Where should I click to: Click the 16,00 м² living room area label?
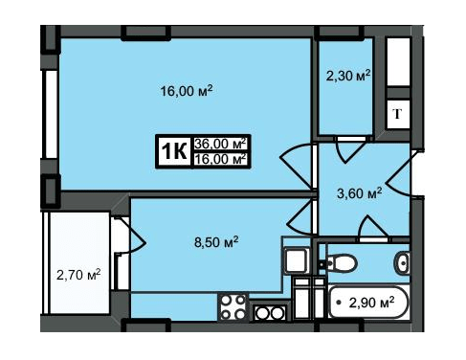(x=187, y=91)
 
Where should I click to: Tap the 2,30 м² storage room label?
(x=348, y=76)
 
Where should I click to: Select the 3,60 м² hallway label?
(x=360, y=193)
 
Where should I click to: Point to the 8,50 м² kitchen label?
(x=216, y=242)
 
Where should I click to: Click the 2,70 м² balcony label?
(x=78, y=274)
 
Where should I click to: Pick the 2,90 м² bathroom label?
(x=371, y=303)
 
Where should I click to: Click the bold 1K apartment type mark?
(x=174, y=151)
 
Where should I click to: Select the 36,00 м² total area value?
(x=221, y=144)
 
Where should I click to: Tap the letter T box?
(x=397, y=114)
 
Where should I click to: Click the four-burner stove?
(x=233, y=307)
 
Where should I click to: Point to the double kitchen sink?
(x=270, y=313)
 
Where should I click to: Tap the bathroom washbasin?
(x=402, y=263)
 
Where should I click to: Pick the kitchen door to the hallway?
(x=300, y=217)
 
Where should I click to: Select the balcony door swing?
(x=134, y=236)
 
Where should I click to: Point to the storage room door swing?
(x=351, y=150)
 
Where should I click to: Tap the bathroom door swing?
(x=374, y=227)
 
